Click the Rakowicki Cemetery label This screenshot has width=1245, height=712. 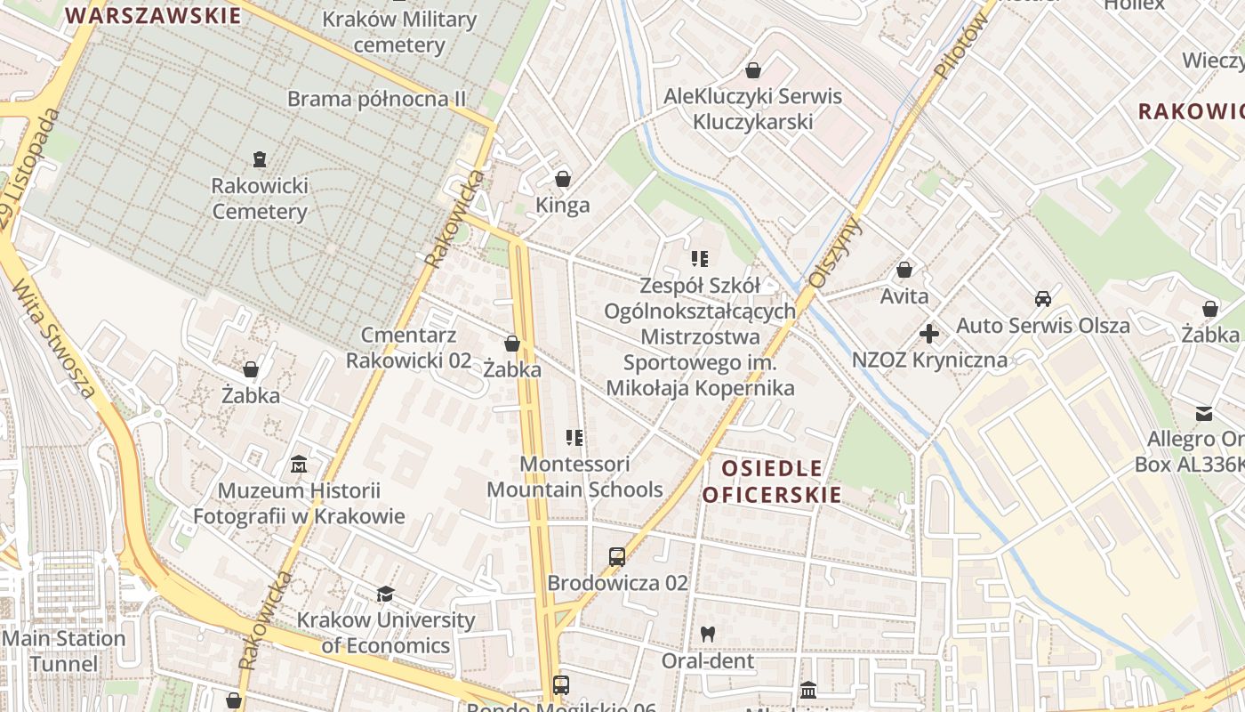pos(260,198)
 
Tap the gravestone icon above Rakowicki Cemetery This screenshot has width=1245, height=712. pos(259,159)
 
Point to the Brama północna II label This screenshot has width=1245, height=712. pos(376,99)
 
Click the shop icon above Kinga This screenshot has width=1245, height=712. pos(562,179)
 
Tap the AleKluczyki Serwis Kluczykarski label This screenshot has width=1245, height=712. pos(753,109)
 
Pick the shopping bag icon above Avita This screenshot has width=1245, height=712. pos(904,270)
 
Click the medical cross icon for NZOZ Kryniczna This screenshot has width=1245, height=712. pos(929,335)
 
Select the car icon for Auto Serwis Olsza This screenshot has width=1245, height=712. pos(1042,299)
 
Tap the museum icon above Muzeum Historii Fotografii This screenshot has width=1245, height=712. pos(299,465)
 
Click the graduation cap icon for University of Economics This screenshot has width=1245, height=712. pos(385,594)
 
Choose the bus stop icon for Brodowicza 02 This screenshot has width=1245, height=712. pos(617,557)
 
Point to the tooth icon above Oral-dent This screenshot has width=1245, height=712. pos(708,635)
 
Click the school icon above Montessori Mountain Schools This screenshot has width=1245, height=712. pos(574,438)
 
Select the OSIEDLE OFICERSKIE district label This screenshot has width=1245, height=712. pos(771,481)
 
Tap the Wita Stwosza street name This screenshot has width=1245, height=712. pos(53,338)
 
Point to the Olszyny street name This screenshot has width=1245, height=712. pos(834,253)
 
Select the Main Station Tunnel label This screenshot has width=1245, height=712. pos(64,651)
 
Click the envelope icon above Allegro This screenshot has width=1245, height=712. pos(1204,413)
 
